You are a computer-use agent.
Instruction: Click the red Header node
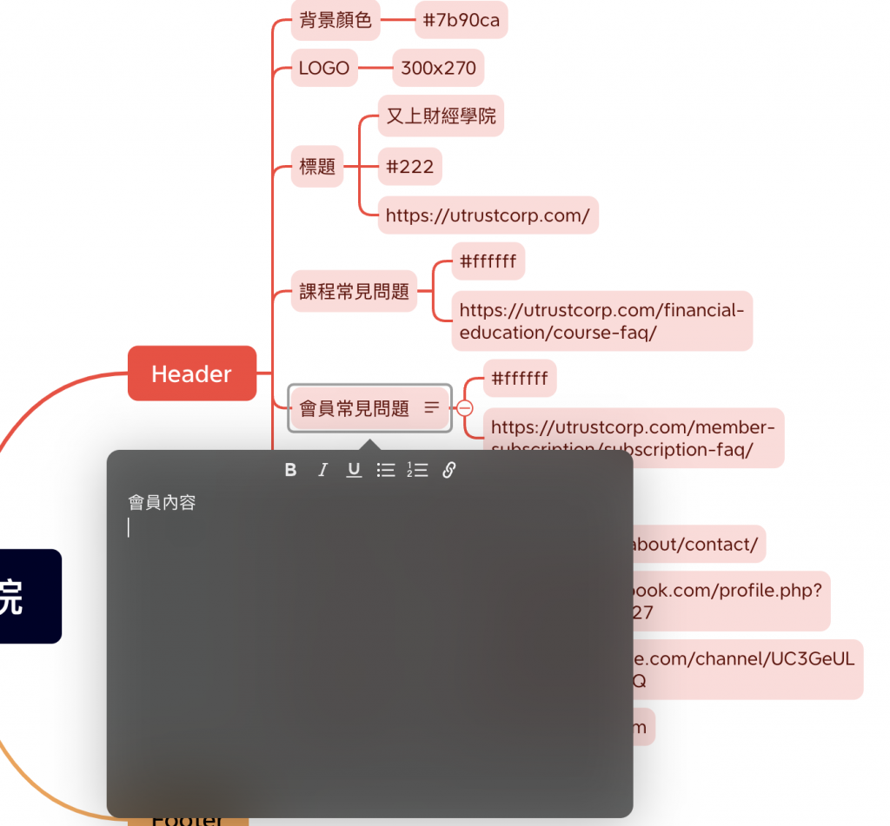pos(192,373)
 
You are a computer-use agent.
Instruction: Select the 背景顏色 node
pos(335,20)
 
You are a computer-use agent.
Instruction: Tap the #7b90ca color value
pos(461,20)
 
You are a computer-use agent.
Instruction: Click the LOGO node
pos(324,68)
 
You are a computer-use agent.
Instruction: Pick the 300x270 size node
pos(438,68)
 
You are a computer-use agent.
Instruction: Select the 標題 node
pos(317,167)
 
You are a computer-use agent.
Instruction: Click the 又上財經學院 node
pos(441,116)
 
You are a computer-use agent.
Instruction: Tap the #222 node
pos(410,167)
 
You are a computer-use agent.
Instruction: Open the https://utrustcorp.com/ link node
pos(488,215)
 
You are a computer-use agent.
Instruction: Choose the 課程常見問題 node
pos(354,292)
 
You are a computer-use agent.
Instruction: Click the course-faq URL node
pos(601,321)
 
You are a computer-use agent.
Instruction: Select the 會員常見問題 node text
pos(354,408)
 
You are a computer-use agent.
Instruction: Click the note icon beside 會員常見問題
pos(432,407)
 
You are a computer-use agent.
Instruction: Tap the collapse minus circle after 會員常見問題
pos(465,408)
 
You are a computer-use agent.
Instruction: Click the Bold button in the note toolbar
pos(291,470)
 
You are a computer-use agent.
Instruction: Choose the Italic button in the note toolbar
pos(322,470)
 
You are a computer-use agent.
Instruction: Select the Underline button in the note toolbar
pos(354,470)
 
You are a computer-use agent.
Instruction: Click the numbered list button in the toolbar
pos(417,470)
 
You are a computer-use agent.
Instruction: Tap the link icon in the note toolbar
pos(449,470)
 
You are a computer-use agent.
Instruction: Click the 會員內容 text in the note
pos(163,502)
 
